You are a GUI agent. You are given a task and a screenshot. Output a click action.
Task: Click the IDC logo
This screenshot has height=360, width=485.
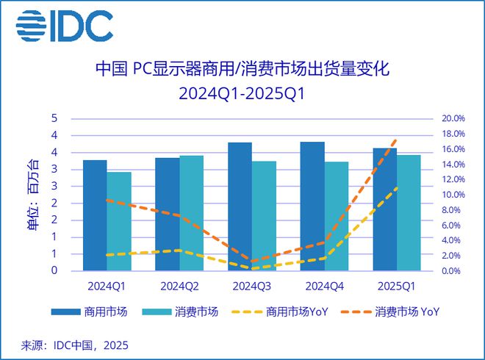(65, 26)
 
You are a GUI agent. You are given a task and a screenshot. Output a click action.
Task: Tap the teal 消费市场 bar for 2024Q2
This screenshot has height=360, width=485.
(191, 213)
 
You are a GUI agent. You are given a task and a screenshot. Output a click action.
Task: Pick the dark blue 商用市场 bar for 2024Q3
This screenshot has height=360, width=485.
(240, 206)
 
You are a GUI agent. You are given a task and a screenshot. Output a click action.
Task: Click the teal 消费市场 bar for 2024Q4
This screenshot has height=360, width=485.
(337, 216)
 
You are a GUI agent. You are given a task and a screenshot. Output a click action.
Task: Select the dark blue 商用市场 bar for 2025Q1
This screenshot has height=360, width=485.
(384, 209)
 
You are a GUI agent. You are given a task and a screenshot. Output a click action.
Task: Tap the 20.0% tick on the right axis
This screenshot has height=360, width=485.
(453, 118)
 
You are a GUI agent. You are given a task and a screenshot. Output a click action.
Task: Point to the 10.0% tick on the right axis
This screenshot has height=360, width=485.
(453, 195)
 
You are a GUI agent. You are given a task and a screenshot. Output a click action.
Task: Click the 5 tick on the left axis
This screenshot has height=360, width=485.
(54, 118)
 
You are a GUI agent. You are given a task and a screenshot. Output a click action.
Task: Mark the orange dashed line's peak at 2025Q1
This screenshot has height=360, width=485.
(397, 139)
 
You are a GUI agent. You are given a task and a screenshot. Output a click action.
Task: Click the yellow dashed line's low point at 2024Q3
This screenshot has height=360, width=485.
(252, 268)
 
